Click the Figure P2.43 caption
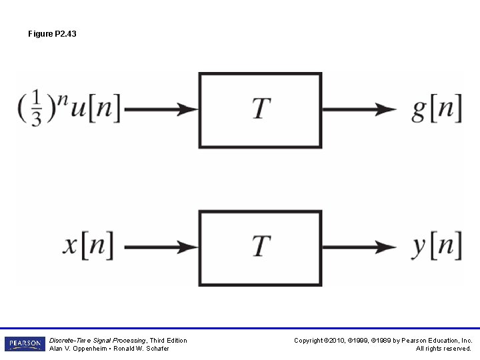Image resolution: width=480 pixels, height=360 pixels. point(52,33)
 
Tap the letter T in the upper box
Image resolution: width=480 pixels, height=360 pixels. point(261,109)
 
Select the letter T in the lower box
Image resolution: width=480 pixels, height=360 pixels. point(261,246)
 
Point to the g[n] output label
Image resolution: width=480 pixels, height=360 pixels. point(437,109)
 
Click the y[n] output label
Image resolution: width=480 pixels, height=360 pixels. point(437,246)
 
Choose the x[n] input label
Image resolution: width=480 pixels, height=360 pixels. point(88,246)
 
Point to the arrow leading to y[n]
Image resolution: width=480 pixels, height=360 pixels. point(359,247)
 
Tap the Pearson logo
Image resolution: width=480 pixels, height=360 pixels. point(25,344)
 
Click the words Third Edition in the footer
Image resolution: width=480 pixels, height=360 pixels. point(169,341)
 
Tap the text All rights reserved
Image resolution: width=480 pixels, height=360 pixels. point(443,349)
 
